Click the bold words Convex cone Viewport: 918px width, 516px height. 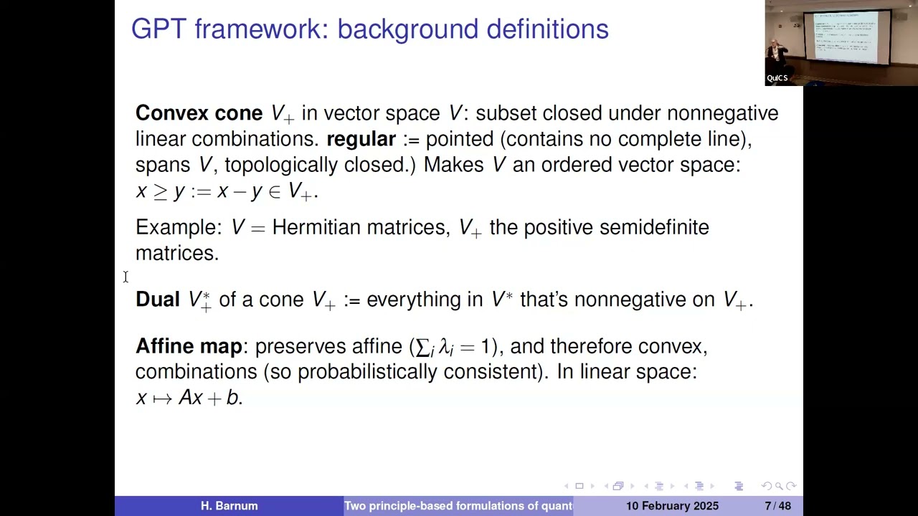tap(199, 113)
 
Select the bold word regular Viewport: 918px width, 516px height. tap(361, 139)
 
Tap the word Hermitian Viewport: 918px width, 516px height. tap(316, 228)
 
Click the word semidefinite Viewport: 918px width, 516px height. tap(653, 228)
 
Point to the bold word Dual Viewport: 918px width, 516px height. tap(157, 300)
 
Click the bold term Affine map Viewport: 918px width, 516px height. tap(189, 346)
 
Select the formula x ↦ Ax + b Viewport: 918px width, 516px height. tap(189, 398)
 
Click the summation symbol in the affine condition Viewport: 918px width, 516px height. tap(422, 348)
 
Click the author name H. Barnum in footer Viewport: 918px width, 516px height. tap(229, 506)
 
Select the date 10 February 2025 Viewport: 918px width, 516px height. tap(672, 506)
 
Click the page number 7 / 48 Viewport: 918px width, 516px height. tap(777, 506)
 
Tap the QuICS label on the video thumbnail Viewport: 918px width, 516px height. tap(777, 78)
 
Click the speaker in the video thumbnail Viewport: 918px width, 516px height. tap(776, 56)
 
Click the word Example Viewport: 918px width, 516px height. tap(178, 228)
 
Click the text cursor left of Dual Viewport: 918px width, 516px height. tap(126, 277)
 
